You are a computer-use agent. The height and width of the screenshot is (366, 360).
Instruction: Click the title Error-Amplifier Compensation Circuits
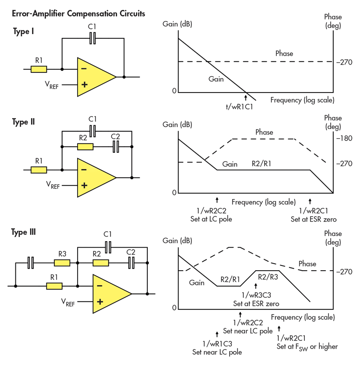(x=78, y=14)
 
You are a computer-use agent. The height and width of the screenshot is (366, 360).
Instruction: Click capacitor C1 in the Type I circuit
(x=93, y=39)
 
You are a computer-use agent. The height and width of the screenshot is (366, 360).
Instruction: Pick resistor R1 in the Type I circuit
(x=39, y=69)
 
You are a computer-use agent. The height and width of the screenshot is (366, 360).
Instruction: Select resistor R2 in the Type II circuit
(x=85, y=147)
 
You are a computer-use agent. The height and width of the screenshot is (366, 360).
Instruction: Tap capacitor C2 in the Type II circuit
(x=115, y=147)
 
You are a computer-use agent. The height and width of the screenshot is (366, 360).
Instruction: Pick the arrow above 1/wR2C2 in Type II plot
(x=217, y=200)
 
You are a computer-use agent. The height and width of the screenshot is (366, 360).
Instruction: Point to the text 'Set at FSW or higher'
(x=307, y=346)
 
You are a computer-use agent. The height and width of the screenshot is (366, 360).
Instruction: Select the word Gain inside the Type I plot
(x=216, y=79)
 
